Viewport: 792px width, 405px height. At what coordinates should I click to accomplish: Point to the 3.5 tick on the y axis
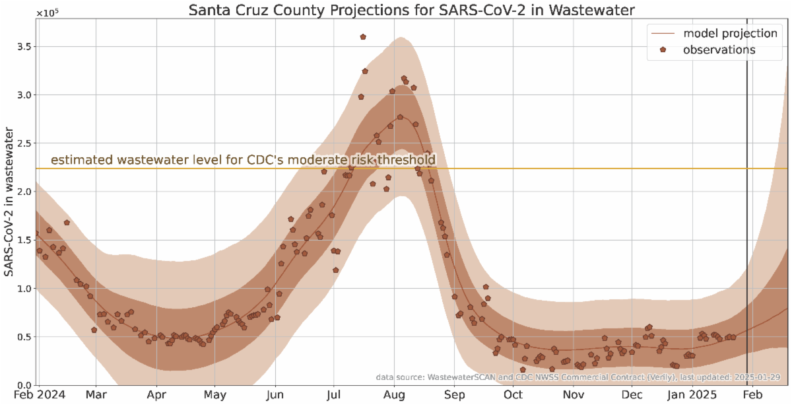pos(24,47)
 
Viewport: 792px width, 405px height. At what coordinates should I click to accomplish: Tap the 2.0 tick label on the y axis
pos(24,192)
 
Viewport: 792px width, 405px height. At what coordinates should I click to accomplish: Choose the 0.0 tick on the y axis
pos(24,385)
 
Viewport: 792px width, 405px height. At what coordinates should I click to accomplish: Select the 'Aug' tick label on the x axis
pos(394,396)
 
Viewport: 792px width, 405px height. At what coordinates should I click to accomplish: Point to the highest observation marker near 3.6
pos(363,37)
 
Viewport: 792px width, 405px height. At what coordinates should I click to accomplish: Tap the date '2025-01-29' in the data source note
pos(756,377)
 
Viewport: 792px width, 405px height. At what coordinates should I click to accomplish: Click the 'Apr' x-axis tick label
pos(156,396)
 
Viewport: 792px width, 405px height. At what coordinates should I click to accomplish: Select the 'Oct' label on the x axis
pos(512,396)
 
